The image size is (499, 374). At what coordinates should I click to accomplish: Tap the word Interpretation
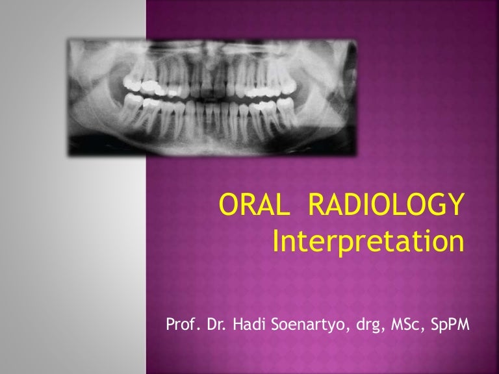click(368, 242)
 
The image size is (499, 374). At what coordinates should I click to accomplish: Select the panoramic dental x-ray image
click(211, 97)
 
